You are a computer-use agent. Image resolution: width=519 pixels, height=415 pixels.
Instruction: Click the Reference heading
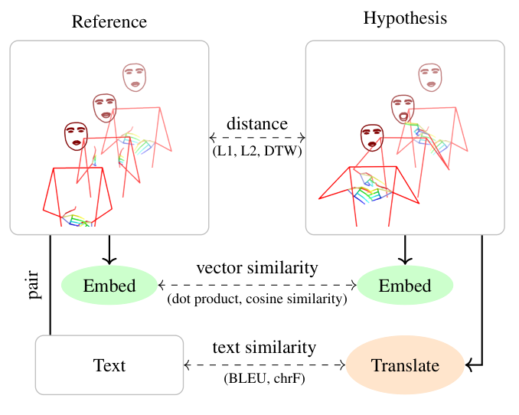109,21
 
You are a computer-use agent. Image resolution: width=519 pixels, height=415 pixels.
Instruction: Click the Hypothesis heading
405,18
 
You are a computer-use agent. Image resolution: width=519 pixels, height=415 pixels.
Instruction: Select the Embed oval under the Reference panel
109,286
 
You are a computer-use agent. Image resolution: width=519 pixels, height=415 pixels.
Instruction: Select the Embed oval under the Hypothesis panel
405,286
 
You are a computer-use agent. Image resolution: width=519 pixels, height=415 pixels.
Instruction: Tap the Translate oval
405,366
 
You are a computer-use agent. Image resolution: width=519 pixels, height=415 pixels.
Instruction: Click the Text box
109,365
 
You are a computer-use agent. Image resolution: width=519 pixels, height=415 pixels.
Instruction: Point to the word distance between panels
257,123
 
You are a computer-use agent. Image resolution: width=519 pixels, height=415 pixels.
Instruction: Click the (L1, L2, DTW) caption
257,152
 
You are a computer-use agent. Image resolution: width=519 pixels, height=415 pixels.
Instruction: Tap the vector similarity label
257,268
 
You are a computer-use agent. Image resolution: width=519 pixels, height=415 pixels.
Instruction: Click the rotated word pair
34,284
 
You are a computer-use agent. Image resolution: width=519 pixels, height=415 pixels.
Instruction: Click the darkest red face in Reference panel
76,136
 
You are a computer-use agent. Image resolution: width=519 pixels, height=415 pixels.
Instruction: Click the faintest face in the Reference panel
135,76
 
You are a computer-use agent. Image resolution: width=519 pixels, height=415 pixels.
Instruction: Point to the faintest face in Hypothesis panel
429,77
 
